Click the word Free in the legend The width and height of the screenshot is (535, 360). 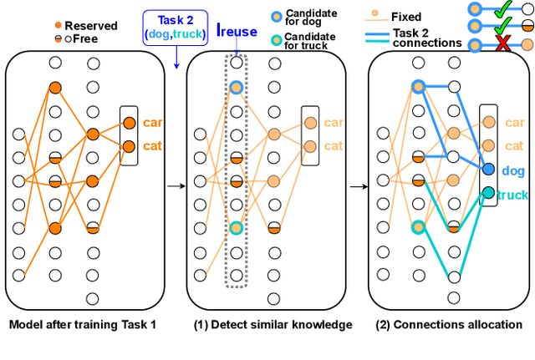coord(82,38)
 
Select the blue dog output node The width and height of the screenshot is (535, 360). coord(488,169)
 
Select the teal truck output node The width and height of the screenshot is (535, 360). coord(488,193)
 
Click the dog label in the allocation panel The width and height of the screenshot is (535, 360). coord(513,170)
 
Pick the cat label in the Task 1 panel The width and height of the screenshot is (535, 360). coord(151,147)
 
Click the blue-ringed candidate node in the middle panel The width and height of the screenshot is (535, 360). coord(237,88)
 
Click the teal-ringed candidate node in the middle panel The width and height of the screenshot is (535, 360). coord(237,227)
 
